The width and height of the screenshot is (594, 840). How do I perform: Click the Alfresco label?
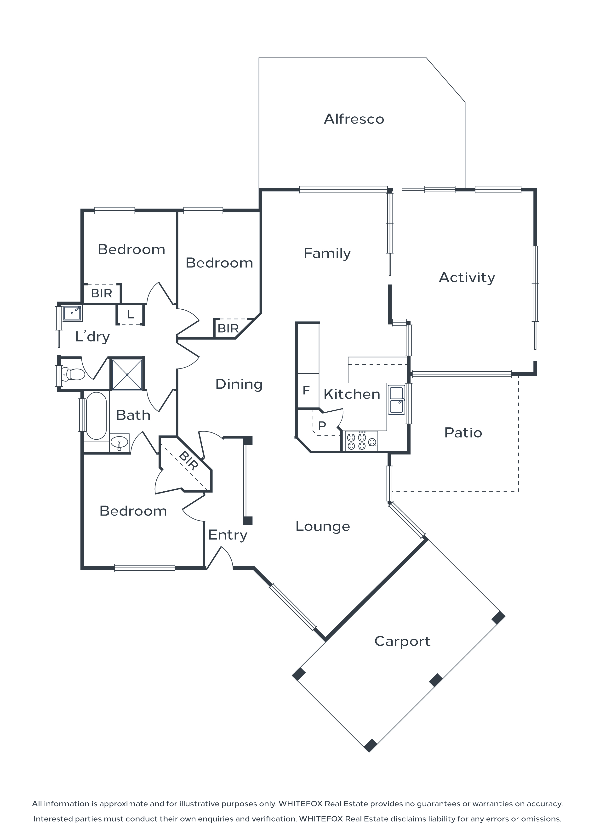[354, 119]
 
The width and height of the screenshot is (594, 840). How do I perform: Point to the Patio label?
[463, 432]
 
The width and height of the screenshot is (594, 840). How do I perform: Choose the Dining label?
[239, 384]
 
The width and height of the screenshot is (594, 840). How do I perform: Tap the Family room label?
[327, 253]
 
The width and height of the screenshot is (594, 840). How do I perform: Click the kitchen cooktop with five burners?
[361, 441]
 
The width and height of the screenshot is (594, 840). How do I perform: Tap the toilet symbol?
[74, 374]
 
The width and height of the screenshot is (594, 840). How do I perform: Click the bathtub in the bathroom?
[96, 416]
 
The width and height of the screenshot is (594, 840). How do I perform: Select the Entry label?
[228, 535]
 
